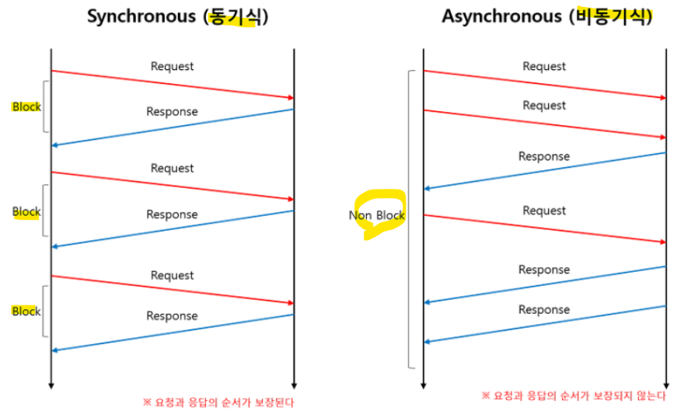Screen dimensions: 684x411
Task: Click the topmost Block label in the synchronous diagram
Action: (x=26, y=107)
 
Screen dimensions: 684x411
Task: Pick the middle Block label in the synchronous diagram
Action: (x=26, y=211)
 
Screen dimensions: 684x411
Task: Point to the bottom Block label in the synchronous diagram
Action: (x=26, y=312)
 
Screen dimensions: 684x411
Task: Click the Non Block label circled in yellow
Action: (x=377, y=215)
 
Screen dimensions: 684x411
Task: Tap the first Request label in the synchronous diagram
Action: (x=172, y=67)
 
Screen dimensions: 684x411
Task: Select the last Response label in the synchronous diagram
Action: (x=172, y=316)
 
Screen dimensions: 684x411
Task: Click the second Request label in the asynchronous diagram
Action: (x=544, y=106)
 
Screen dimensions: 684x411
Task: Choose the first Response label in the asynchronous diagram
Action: (x=544, y=157)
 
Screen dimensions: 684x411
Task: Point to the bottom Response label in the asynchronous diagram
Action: (x=544, y=310)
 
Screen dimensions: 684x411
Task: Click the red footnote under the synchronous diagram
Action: (x=218, y=402)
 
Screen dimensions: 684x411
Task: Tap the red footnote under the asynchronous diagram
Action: (x=574, y=395)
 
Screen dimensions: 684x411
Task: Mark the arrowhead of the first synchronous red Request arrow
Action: (x=291, y=98)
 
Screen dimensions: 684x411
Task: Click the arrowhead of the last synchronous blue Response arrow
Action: (x=54, y=350)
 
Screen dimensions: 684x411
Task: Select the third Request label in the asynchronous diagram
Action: (x=544, y=211)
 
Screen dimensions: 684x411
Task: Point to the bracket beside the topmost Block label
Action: (x=45, y=106)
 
